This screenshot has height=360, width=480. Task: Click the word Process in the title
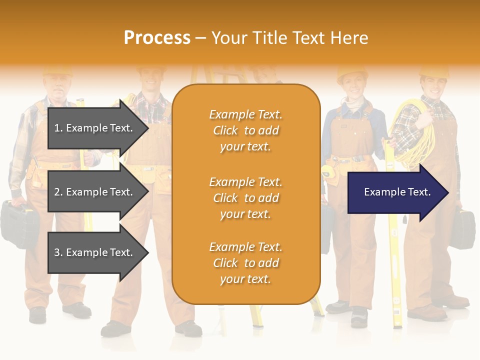point(157,38)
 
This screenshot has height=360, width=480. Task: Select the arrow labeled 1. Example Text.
point(95,128)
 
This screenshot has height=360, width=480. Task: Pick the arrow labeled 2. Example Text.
point(95,192)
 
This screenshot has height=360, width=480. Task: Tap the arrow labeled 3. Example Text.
point(95,252)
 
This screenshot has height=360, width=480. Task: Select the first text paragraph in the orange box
point(245,130)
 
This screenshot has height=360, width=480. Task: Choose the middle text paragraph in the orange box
point(245,198)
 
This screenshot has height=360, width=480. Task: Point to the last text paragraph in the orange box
point(245,263)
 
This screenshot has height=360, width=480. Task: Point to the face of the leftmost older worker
point(56,88)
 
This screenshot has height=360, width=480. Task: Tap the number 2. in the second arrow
point(58,192)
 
